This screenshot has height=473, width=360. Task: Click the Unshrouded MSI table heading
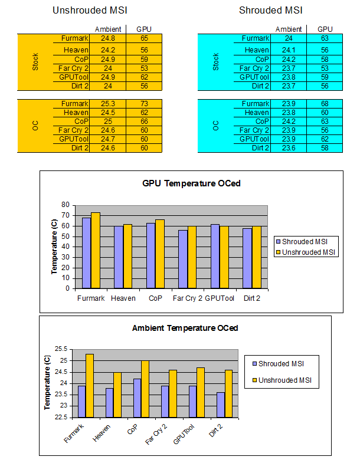(x=90, y=10)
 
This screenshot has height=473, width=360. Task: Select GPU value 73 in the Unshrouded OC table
(x=144, y=104)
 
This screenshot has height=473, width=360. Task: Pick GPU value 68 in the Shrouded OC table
(x=325, y=104)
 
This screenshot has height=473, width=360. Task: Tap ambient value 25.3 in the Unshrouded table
(x=108, y=104)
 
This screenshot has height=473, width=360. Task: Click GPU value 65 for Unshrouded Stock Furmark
(x=144, y=38)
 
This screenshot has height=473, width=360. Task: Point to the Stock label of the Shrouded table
(x=215, y=62)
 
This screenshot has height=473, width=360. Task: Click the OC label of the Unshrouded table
(x=35, y=126)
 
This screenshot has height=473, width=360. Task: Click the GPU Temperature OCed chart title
(x=191, y=183)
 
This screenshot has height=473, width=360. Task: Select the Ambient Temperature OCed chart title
(x=185, y=328)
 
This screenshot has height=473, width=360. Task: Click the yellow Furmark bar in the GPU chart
(x=96, y=251)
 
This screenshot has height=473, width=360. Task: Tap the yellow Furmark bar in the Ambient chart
(x=90, y=386)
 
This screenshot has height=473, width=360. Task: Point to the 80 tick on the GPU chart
(x=65, y=205)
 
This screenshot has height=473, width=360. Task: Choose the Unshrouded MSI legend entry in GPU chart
(x=306, y=252)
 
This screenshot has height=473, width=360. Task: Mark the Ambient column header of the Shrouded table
(x=289, y=29)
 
